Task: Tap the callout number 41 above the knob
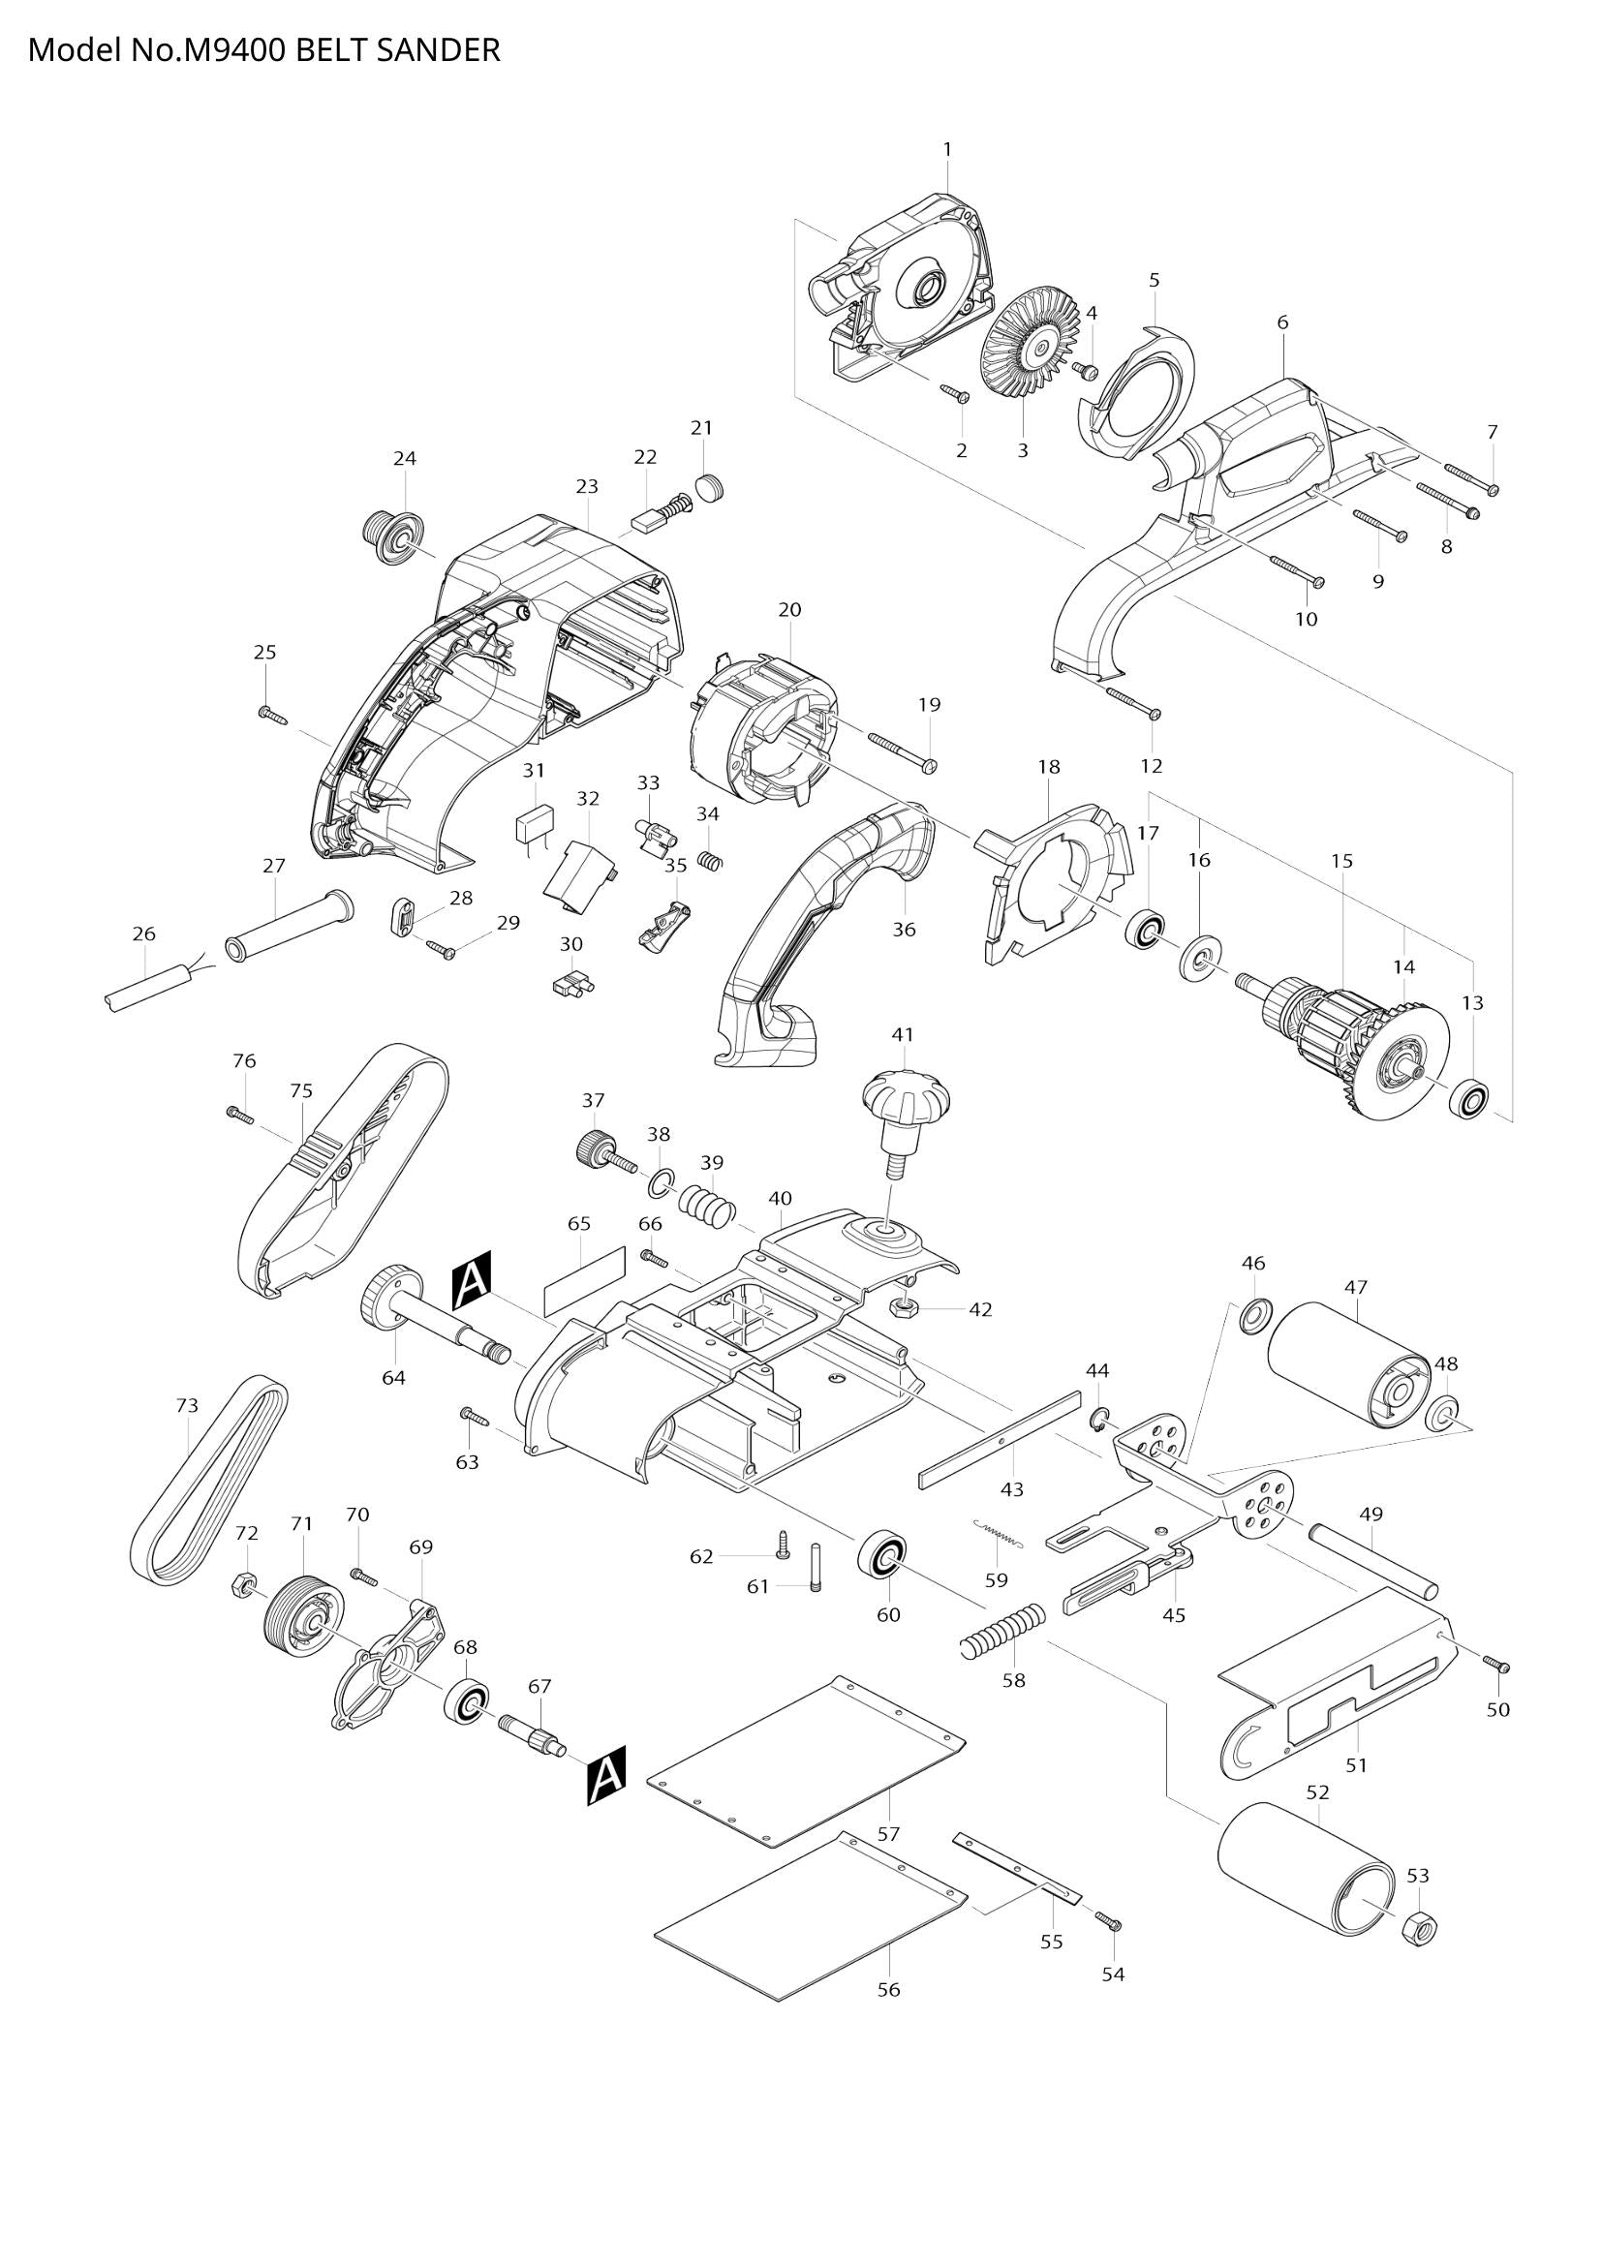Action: tap(902, 1035)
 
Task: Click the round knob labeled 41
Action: tap(906, 1095)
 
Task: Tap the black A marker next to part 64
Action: tap(471, 1286)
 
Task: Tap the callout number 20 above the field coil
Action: tap(789, 610)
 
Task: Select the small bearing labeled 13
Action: tap(1469, 1099)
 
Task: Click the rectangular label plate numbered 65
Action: tap(585, 1282)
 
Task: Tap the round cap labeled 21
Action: tap(710, 487)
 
